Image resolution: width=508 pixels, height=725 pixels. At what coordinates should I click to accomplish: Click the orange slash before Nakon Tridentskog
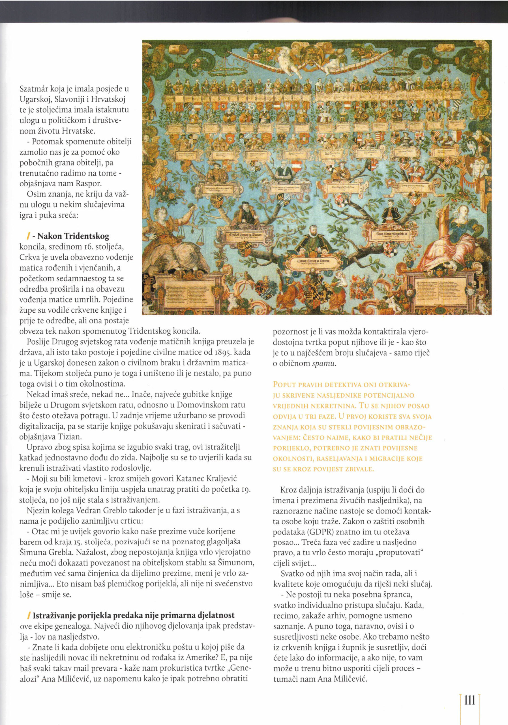click(29, 236)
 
